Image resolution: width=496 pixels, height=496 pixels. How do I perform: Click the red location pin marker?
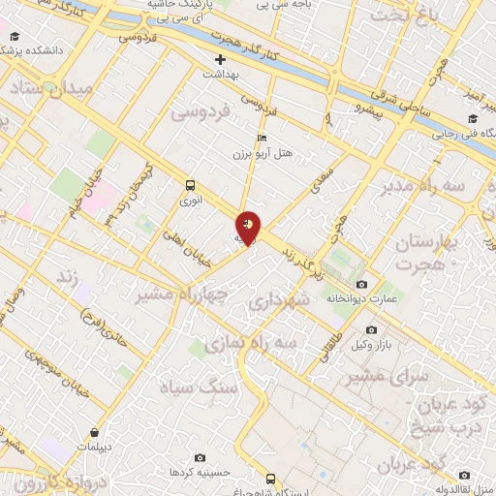[x=249, y=228]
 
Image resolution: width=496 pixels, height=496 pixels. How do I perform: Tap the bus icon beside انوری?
[x=188, y=184]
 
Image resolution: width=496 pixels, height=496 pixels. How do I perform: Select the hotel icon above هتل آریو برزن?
[x=261, y=137]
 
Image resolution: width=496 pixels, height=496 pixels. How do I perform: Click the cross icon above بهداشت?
[x=220, y=58]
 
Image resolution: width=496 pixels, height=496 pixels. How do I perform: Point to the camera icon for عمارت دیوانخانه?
[x=362, y=284]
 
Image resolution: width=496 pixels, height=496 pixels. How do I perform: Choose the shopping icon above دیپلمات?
[x=95, y=432]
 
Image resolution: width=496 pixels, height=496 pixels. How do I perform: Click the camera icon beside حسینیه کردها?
[x=201, y=457]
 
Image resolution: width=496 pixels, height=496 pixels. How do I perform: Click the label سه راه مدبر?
[x=424, y=185]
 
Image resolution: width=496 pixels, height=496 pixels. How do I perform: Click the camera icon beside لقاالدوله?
[x=465, y=475]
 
